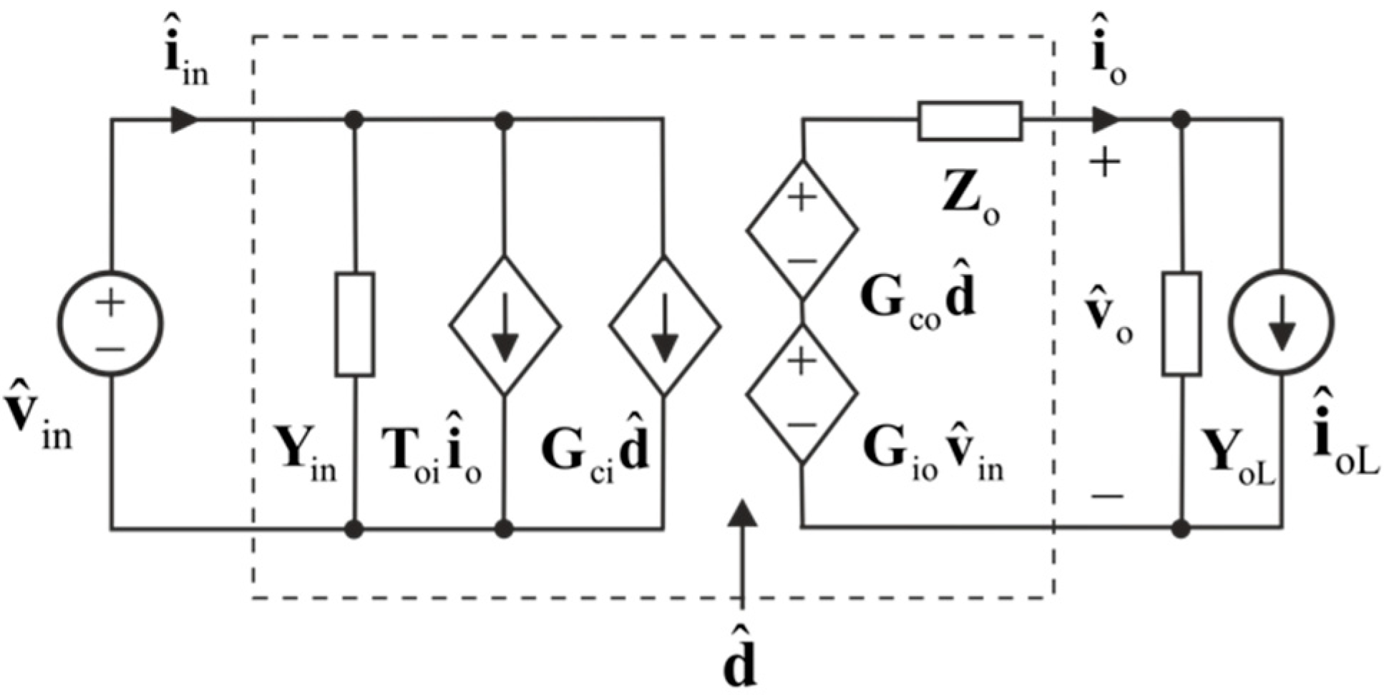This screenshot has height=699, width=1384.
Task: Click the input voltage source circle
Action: point(110,323)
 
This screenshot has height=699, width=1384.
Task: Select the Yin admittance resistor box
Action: point(355,324)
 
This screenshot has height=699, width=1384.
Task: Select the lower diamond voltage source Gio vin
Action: point(801,394)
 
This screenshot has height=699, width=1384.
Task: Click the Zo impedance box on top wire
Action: point(970,121)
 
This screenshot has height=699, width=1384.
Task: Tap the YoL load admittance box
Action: point(1181,323)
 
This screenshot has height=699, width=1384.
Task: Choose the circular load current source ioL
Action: point(1281,322)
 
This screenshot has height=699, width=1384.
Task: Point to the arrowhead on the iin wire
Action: point(184,120)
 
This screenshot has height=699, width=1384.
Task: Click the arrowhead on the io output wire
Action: point(1105,120)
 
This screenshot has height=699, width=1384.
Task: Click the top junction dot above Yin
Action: point(354,120)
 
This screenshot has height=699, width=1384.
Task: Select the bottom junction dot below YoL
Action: point(1181,529)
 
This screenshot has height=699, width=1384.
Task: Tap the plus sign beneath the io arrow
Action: point(1105,164)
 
